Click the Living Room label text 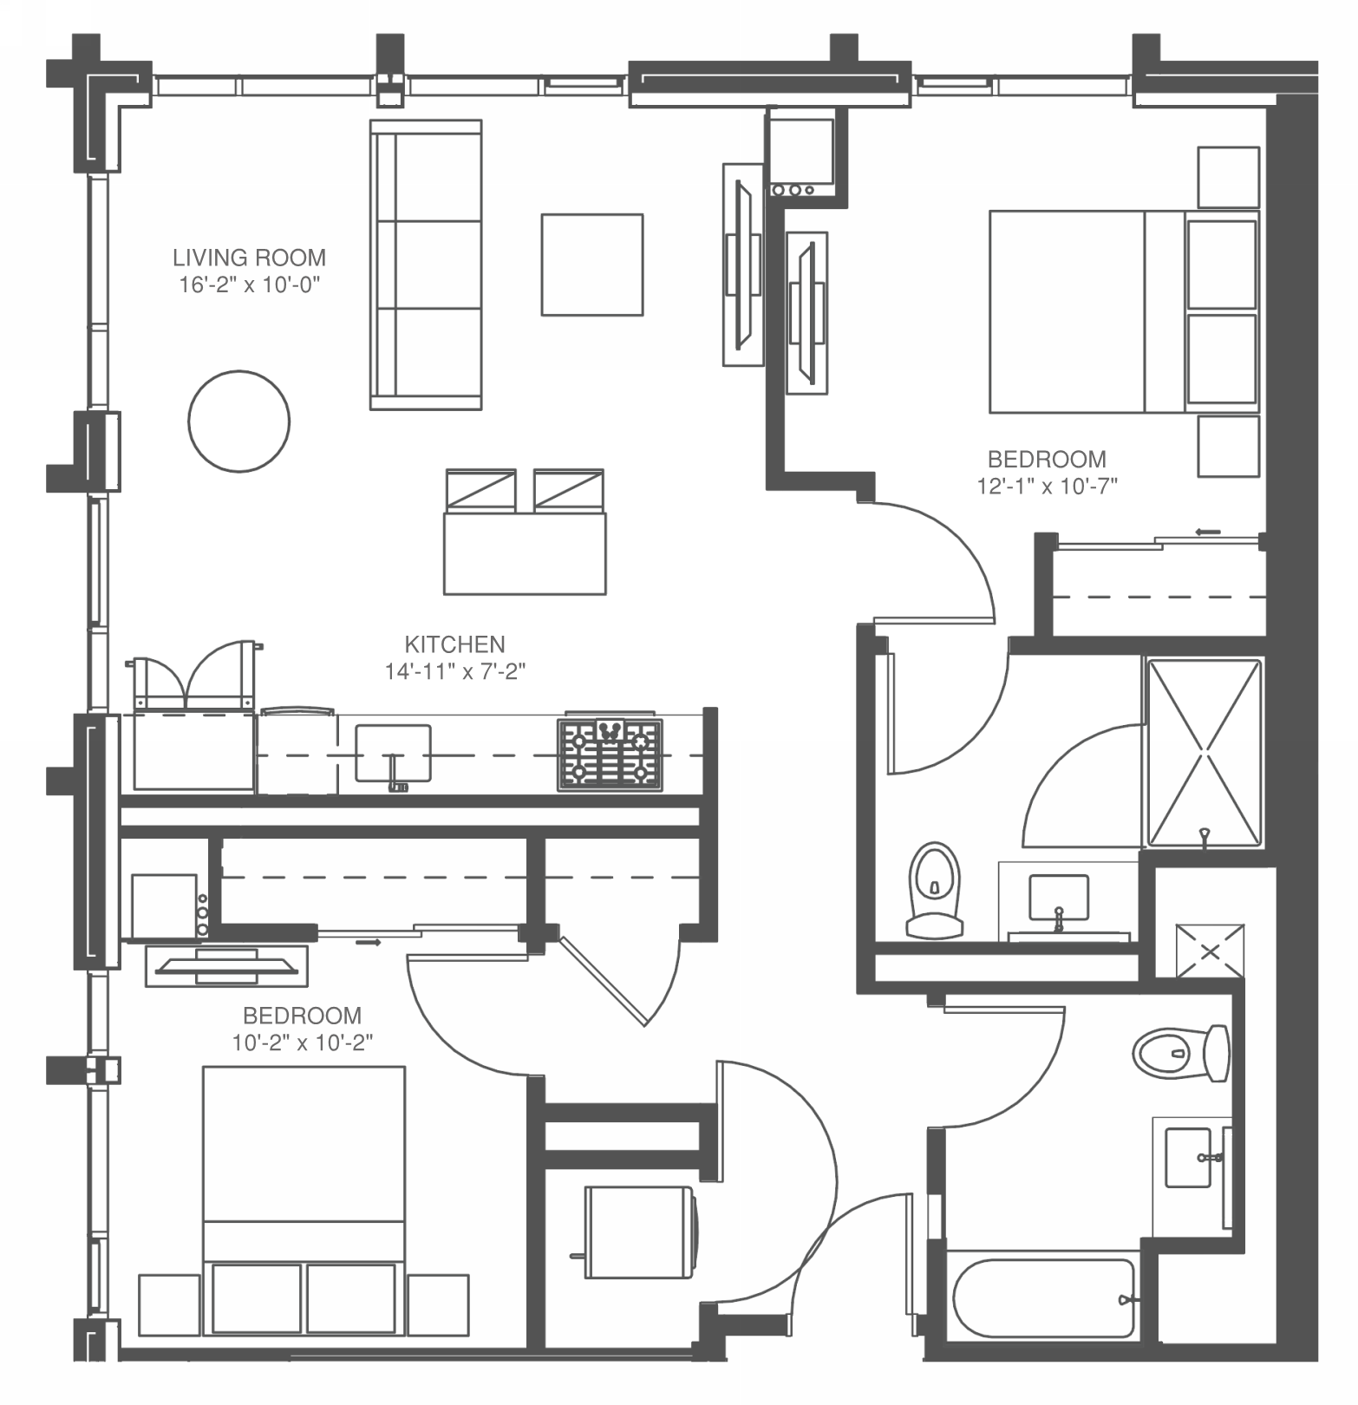tap(249, 258)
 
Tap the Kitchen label tap(454, 644)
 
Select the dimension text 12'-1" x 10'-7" tap(1047, 487)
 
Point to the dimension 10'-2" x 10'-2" tap(302, 1042)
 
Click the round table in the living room tap(238, 421)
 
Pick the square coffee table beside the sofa tap(592, 265)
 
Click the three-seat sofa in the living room tap(426, 265)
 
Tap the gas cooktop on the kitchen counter tap(610, 754)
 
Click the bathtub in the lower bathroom tap(1042, 1298)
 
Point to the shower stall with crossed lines tap(1205, 752)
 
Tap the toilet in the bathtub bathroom tap(1180, 1054)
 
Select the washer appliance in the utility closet tap(639, 1232)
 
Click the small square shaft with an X tap(1210, 951)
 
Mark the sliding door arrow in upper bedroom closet tap(1207, 532)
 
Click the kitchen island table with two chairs tap(525, 553)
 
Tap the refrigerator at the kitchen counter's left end tap(193, 751)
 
